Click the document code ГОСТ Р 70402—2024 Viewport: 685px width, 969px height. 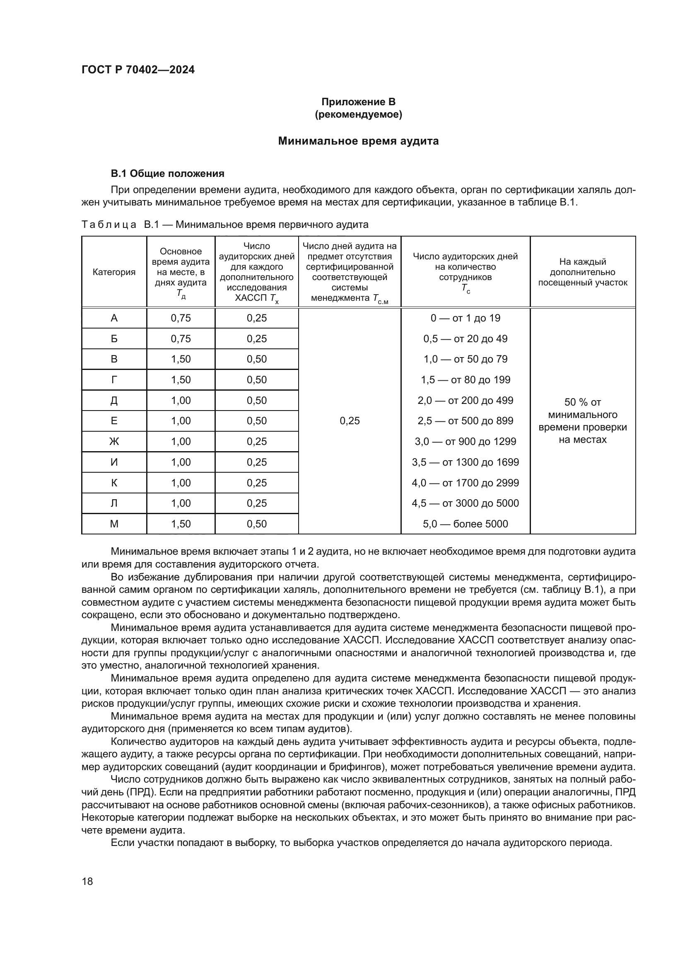coord(138,70)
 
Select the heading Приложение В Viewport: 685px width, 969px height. coord(358,102)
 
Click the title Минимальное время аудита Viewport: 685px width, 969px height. coord(358,141)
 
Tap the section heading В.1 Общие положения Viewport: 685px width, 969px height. coord(167,174)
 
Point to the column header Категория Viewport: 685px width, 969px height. coord(114,272)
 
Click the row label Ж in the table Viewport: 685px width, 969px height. coord(114,442)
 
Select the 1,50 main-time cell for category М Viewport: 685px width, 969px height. coord(181,524)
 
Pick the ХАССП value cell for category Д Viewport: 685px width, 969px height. coord(256,400)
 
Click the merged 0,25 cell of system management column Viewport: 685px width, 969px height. coord(350,421)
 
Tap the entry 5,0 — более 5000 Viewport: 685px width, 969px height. coord(465,524)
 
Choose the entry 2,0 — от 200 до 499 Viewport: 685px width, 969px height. coord(465,400)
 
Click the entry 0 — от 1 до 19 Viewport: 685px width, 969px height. coord(465,318)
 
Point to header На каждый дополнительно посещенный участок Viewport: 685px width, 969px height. coord(583,272)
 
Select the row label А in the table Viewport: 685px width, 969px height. coord(114,318)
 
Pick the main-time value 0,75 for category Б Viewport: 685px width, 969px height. coord(181,338)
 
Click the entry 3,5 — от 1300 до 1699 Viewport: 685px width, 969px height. coord(465,462)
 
